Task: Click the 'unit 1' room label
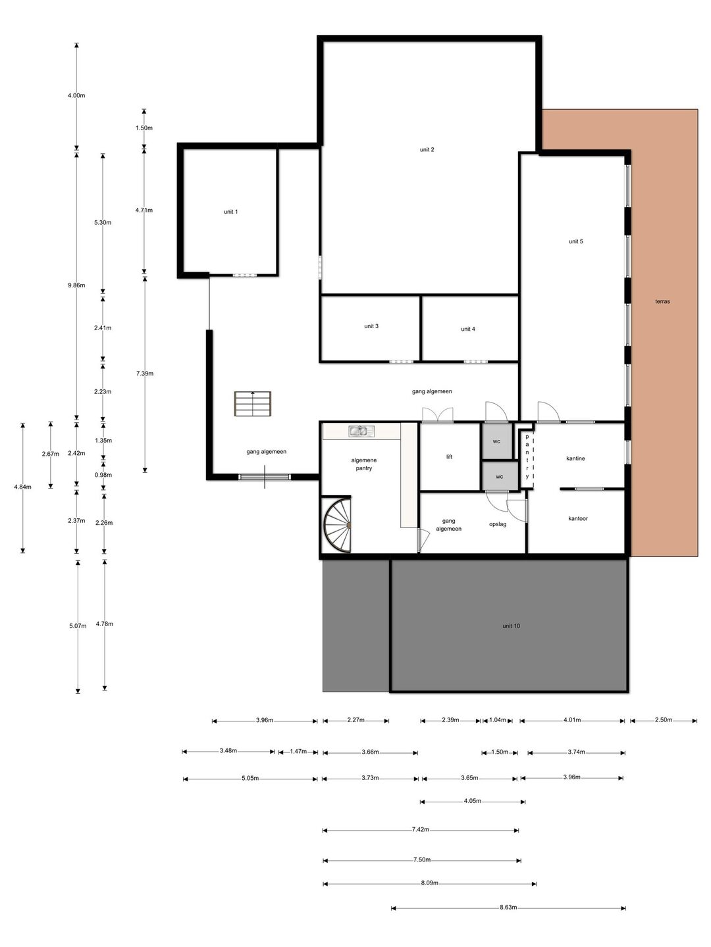coord(230,212)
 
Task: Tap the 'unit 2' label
coord(427,150)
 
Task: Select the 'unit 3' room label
coord(371,326)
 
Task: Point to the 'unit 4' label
coord(467,329)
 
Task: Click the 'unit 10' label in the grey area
coord(511,626)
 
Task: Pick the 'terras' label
coord(662,302)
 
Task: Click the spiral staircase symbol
coord(337,524)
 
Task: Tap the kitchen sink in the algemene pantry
coord(361,431)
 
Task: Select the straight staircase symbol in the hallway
coord(253,404)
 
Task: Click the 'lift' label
coord(449,457)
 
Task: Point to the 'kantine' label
coord(575,458)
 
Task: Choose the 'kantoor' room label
coord(577,519)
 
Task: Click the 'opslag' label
coord(497,525)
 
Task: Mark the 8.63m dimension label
coord(508,908)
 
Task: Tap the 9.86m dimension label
coord(76,285)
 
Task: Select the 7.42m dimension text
coord(420,829)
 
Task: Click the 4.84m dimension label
coord(22,487)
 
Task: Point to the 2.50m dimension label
coord(663,719)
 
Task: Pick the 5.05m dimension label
coord(250,778)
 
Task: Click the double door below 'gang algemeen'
coord(437,415)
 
